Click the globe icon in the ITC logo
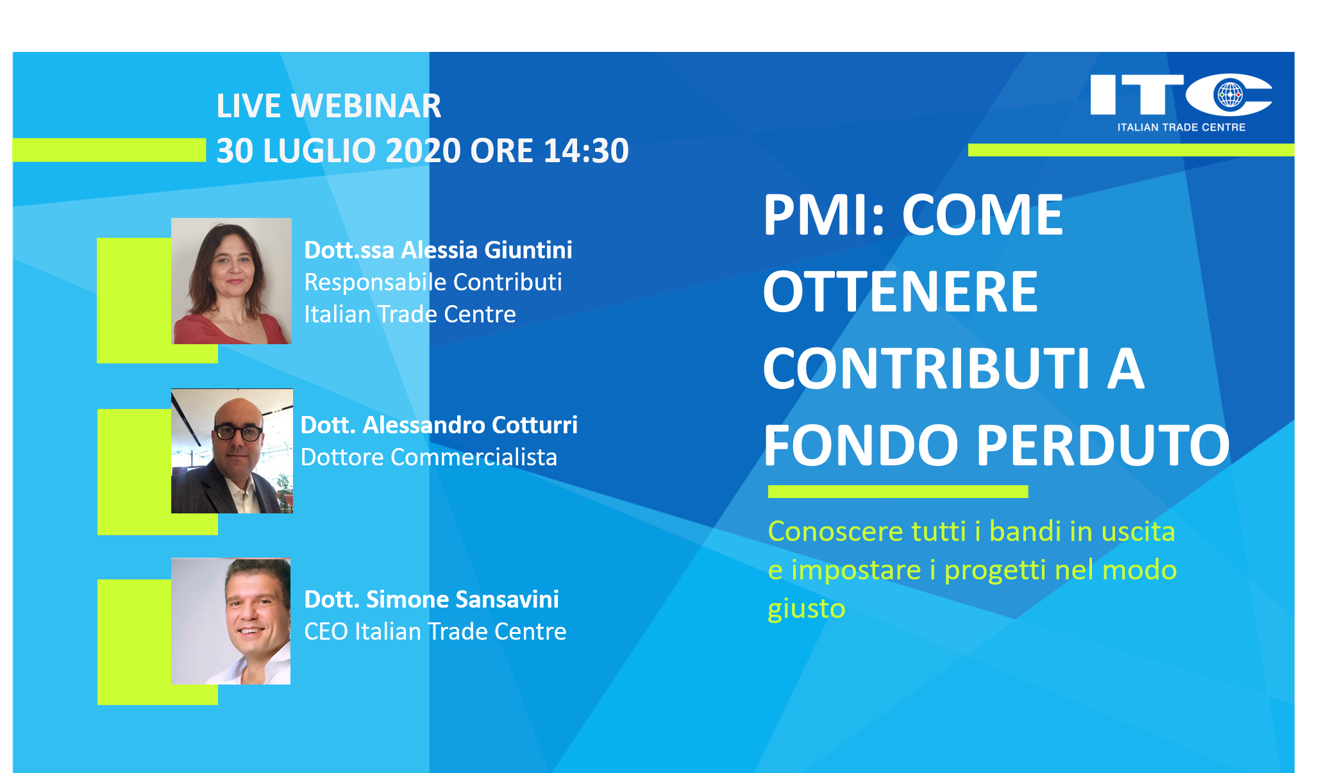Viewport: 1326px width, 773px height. click(1230, 96)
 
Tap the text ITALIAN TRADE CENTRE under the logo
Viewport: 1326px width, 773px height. click(1181, 127)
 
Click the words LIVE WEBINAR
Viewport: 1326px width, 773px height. click(328, 106)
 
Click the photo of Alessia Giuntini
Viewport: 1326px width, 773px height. click(231, 281)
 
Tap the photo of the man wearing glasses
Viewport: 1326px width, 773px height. click(232, 451)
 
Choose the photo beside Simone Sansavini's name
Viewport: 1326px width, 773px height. click(231, 621)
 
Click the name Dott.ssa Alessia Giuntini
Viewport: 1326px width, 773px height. click(438, 250)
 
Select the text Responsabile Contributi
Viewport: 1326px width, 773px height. click(433, 282)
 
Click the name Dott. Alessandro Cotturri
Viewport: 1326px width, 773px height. click(439, 425)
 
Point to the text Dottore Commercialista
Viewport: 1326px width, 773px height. click(429, 457)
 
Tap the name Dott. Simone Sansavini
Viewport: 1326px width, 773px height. click(432, 599)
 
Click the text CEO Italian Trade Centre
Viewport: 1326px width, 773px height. click(435, 631)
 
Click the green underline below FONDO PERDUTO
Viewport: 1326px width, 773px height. click(898, 492)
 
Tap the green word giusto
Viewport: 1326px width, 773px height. click(807, 608)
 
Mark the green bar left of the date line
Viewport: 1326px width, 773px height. click(109, 150)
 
